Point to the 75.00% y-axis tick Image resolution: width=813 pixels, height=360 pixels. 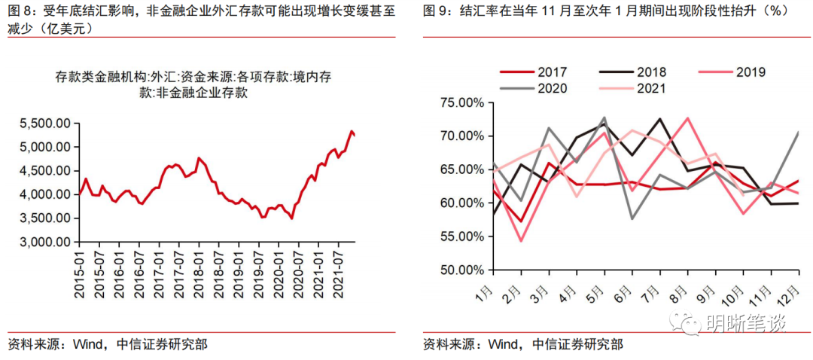(x=461, y=103)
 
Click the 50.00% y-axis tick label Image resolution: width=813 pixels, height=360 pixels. (x=461, y=270)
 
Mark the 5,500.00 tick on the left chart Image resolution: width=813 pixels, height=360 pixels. (x=43, y=123)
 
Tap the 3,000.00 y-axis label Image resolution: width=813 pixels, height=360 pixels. (x=43, y=243)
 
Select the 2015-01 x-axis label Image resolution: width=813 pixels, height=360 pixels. (x=80, y=275)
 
